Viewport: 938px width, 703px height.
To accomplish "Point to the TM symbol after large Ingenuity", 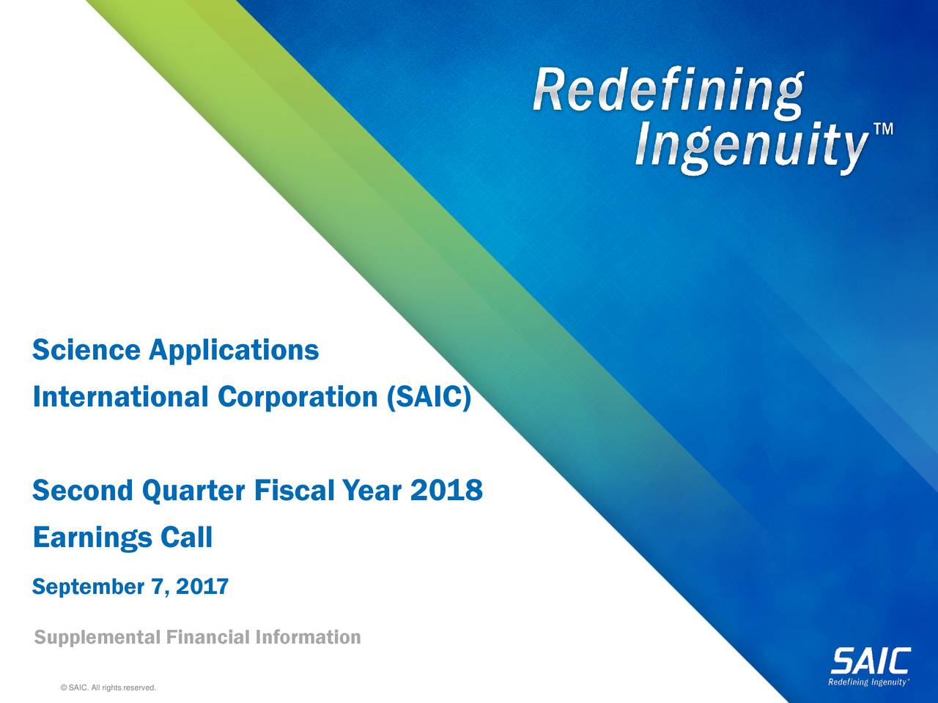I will [883, 130].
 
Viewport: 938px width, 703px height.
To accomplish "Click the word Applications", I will [234, 351].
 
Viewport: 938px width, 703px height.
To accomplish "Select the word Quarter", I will [192, 490].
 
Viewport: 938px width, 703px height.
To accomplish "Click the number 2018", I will [446, 490].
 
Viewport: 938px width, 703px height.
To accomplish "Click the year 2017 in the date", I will [203, 587].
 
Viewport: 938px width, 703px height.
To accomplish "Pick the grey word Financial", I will [207, 637].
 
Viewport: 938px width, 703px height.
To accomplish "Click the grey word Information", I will [308, 637].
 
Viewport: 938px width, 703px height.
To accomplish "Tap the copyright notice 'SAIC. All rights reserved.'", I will [110, 687].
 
